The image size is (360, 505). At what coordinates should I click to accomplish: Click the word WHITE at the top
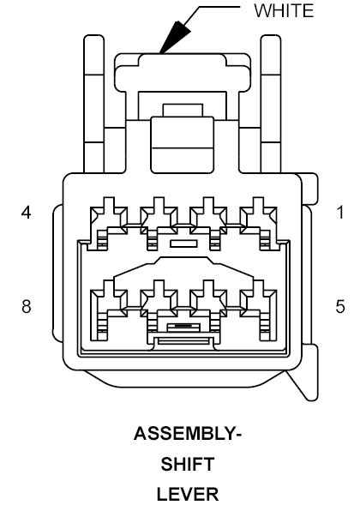[x=284, y=10]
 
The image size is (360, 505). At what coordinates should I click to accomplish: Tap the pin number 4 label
[x=27, y=213]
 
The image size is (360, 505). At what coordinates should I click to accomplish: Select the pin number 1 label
[x=340, y=213]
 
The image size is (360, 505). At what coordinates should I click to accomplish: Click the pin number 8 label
[x=27, y=306]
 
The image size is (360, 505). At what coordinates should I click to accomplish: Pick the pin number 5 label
[x=340, y=306]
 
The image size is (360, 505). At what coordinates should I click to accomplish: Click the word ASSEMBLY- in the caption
[x=188, y=433]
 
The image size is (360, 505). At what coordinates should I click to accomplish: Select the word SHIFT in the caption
[x=188, y=464]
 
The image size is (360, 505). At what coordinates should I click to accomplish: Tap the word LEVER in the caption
[x=188, y=495]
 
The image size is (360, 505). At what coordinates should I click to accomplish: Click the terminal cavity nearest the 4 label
[x=108, y=223]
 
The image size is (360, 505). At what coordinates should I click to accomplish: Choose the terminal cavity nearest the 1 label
[x=258, y=223]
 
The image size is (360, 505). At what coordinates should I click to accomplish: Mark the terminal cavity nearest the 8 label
[x=108, y=310]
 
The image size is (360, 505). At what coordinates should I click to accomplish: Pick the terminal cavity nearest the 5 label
[x=258, y=310]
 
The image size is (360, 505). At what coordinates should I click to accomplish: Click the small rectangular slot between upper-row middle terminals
[x=183, y=243]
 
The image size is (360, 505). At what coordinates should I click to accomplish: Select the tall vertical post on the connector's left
[x=94, y=104]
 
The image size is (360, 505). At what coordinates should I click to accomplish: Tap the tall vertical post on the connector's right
[x=271, y=104]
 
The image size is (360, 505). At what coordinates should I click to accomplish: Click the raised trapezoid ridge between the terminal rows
[x=183, y=267]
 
